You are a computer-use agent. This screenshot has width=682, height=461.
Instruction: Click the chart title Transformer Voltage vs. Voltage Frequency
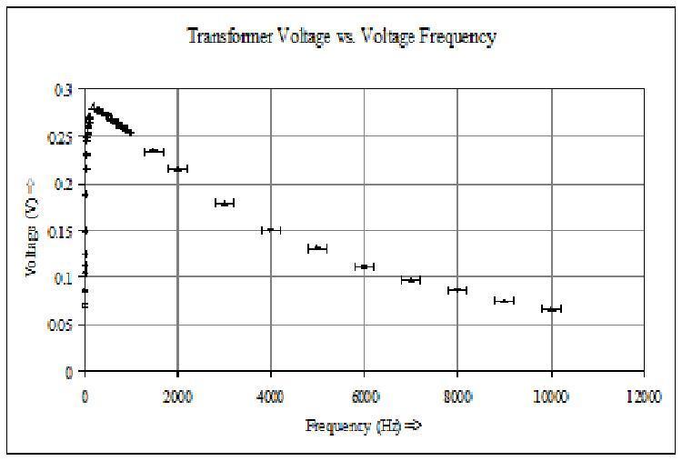[341, 37]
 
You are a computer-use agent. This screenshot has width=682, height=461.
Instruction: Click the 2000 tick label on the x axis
[177, 396]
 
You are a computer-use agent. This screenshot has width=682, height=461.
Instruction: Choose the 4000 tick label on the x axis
[271, 396]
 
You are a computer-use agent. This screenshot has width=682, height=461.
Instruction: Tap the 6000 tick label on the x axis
[365, 396]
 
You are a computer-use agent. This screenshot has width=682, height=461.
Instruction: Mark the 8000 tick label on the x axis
[457, 396]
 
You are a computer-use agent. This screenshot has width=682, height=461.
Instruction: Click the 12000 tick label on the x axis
[644, 396]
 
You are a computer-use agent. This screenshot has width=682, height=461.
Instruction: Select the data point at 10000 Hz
[551, 309]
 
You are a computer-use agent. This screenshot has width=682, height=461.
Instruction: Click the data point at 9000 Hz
[505, 300]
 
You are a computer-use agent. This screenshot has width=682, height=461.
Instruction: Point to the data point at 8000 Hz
[457, 290]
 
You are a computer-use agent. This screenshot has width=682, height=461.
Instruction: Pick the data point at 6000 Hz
[365, 266]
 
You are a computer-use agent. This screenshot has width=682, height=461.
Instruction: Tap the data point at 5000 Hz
[317, 248]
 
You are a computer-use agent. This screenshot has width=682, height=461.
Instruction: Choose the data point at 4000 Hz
[271, 230]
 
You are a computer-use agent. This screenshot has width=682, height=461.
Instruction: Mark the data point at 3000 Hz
[225, 203]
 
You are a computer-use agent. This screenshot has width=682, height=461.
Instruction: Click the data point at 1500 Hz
[155, 151]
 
